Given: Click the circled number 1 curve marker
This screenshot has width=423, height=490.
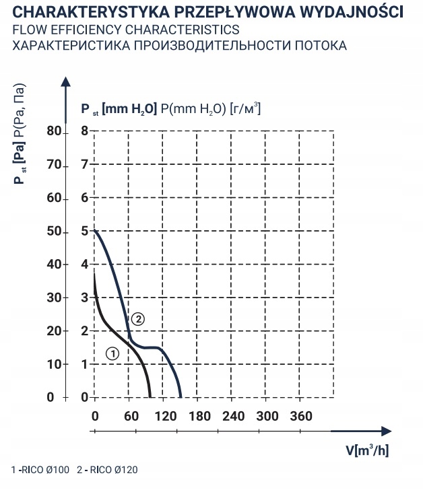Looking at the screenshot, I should point(112,353).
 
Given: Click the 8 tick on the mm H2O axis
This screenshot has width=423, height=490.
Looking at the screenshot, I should point(85,131).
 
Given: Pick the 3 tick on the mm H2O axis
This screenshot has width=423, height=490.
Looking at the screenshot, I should point(85,297).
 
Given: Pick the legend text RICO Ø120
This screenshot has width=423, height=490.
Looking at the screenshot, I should point(111,470).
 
